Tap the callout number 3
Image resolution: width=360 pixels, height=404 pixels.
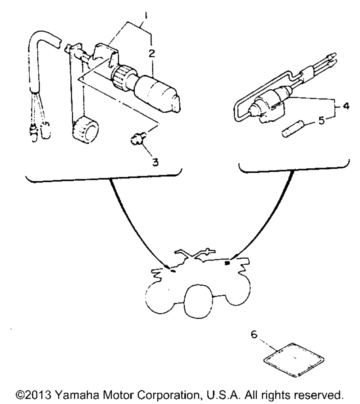point(155,162)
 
